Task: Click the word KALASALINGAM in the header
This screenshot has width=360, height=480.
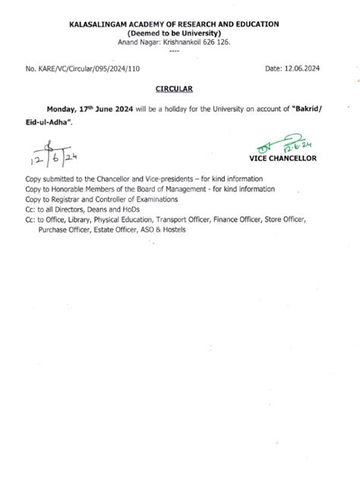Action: (x=115, y=24)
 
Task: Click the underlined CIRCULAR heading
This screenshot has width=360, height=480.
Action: (x=180, y=89)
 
